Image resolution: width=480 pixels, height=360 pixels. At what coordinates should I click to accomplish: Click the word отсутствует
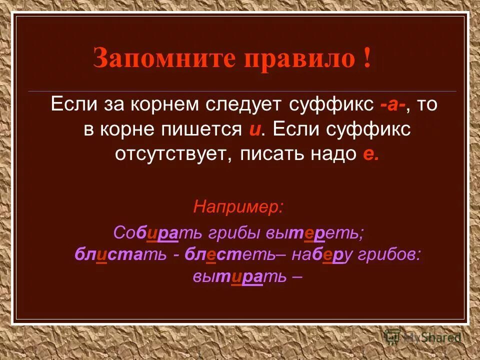(x=172, y=153)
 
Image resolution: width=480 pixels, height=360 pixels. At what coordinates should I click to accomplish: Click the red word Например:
(x=238, y=206)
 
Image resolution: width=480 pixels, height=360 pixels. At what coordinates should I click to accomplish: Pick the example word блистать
(x=120, y=254)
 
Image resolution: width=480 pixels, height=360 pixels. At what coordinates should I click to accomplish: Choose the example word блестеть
(x=229, y=254)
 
